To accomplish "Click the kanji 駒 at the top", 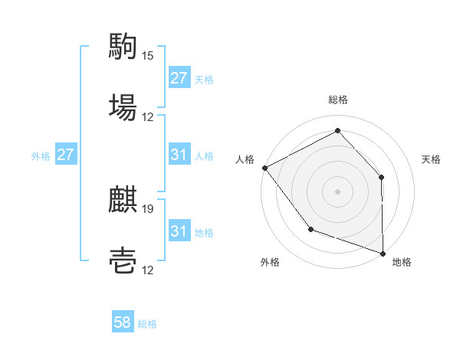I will point(123,47).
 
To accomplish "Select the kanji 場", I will point(123,107).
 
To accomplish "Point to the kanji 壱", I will point(123,261).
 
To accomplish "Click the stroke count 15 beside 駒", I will point(148,56).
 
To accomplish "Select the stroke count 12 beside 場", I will point(148,117).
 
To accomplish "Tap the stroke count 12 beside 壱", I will point(148,270).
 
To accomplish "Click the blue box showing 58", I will point(123,323).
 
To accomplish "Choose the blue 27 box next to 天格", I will point(179,78).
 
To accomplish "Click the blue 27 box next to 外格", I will point(66,155).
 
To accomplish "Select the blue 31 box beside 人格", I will point(179,155).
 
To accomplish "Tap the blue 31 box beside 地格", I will point(179,231).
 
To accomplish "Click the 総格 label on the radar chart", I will point(338,100).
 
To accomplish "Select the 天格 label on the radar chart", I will point(431,159).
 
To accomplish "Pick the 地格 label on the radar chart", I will point(402,262).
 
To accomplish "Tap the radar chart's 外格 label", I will point(270,262).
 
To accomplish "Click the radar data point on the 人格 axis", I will point(264,168).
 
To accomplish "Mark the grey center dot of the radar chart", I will point(337,191).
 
